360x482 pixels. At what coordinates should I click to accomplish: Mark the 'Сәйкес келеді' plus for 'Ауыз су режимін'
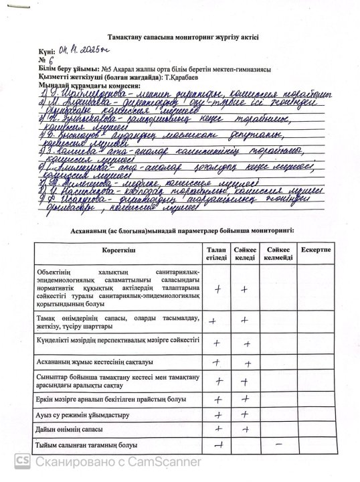point(246,415)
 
